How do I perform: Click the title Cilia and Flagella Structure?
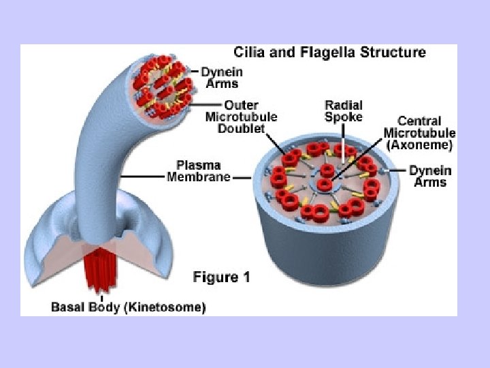(x=330, y=52)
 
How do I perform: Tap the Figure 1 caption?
(x=223, y=277)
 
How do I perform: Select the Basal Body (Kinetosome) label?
(x=129, y=307)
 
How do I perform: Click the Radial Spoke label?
(x=344, y=111)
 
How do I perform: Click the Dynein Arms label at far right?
(x=429, y=177)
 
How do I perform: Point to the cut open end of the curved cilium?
(x=163, y=87)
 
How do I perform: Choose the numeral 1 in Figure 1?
(x=245, y=277)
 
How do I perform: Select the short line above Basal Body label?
(x=102, y=296)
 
